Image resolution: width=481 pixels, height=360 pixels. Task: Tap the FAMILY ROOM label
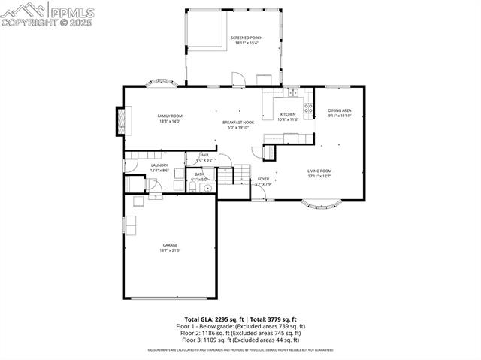170,116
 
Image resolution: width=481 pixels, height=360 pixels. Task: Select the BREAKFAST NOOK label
237,122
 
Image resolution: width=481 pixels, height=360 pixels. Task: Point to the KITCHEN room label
289,114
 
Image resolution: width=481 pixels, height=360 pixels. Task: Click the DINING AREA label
340,110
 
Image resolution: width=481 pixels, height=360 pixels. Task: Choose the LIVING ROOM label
319,171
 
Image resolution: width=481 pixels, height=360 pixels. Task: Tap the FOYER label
263,179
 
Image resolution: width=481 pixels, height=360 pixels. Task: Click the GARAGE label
170,244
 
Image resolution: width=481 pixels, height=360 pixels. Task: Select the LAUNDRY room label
159,165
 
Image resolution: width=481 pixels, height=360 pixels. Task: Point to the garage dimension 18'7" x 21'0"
170,250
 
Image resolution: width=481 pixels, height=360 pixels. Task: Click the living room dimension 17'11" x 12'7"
319,177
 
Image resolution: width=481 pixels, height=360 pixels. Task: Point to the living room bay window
321,201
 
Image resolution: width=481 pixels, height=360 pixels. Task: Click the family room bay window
162,83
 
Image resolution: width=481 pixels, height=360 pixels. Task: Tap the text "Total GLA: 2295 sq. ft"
212,319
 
